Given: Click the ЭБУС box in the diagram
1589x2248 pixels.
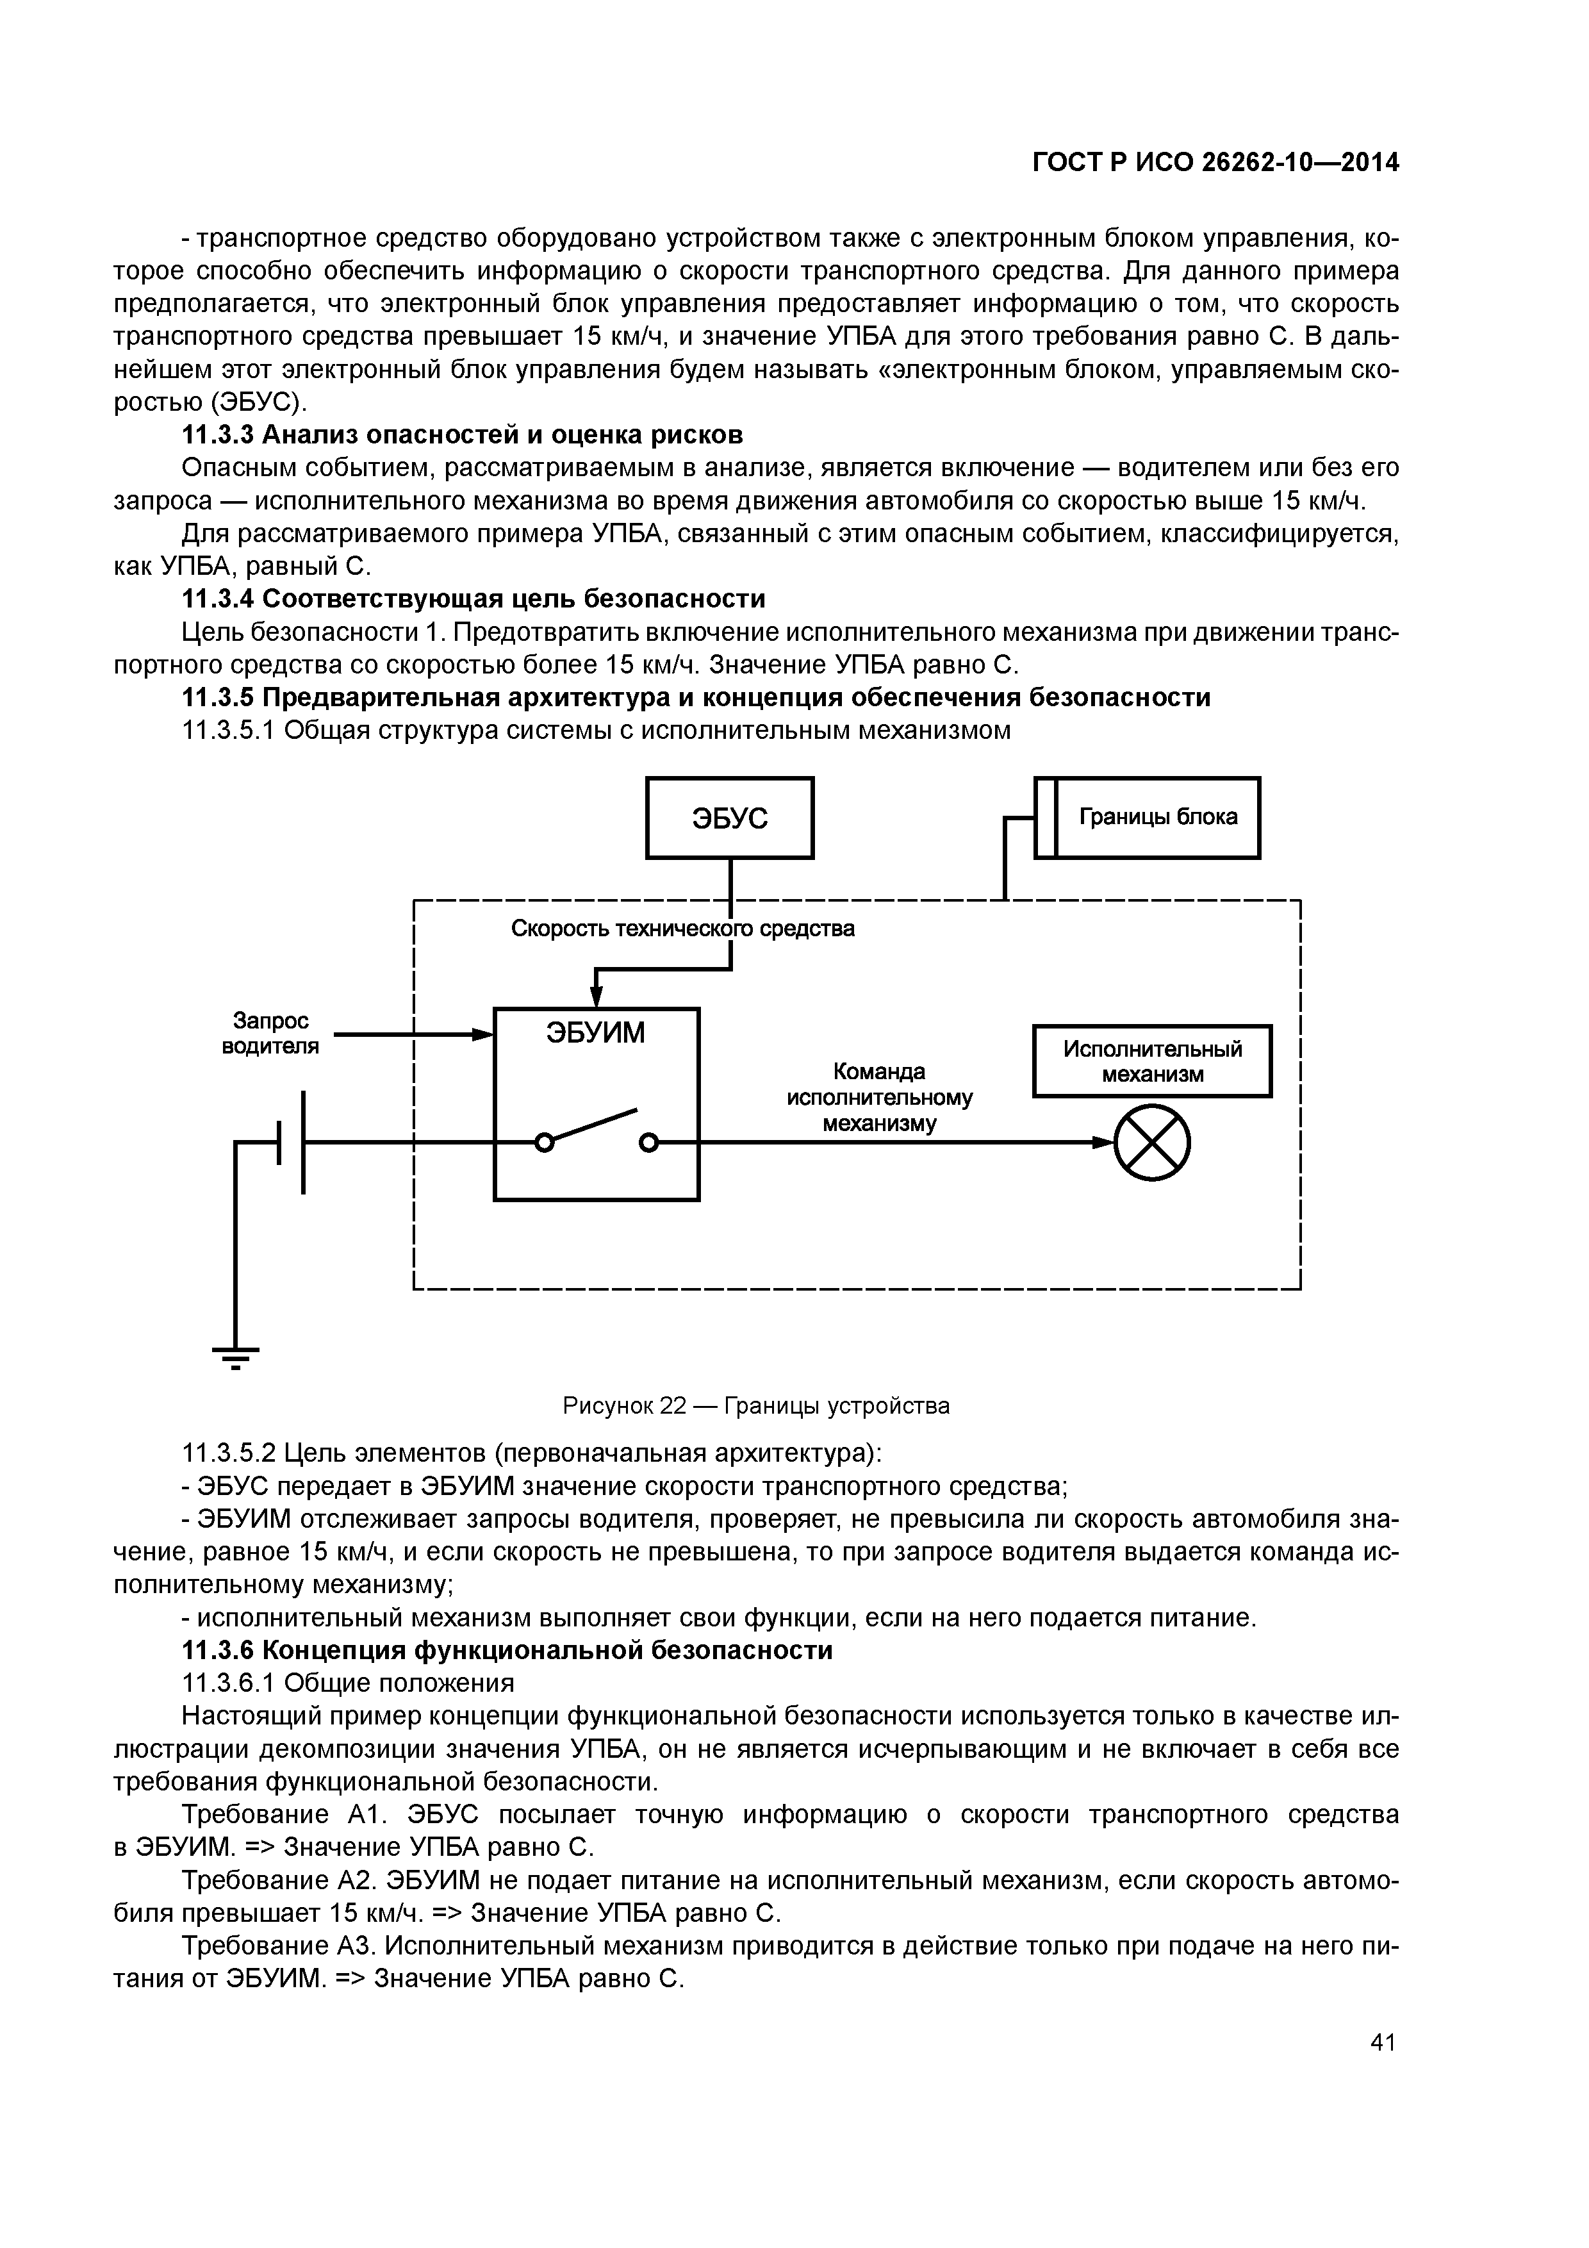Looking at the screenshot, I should pyautogui.click(x=729, y=818).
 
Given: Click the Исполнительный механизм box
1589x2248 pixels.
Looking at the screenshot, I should pyautogui.click(x=1151, y=1061).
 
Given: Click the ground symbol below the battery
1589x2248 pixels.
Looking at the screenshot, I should pyautogui.click(x=236, y=1357).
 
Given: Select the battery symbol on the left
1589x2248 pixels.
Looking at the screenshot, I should pyautogui.click(x=292, y=1142).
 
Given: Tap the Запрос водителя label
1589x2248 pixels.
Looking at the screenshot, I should pyautogui.click(x=270, y=1034).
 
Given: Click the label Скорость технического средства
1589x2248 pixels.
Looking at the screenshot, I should pyautogui.click(x=682, y=928).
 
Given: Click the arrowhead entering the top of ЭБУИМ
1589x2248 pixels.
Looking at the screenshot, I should pyautogui.click(x=597, y=996).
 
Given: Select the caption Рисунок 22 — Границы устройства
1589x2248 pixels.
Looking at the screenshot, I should pyautogui.click(x=756, y=1406).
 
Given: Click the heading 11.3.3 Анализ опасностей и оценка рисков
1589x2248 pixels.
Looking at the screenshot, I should pyautogui.click(x=463, y=434).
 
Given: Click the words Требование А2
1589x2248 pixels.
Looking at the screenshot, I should pyautogui.click(x=278, y=1880).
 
